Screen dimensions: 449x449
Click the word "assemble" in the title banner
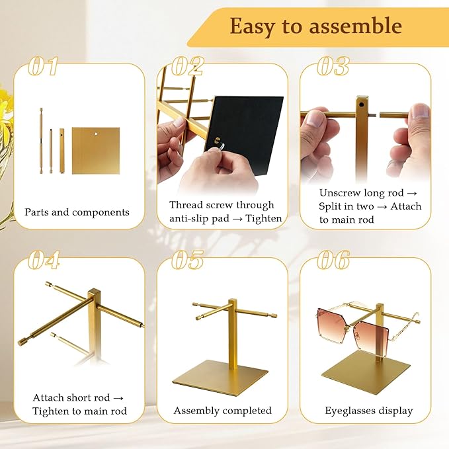[x=356, y=26]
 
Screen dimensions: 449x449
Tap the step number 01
[x=43, y=66]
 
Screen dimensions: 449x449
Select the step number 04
[x=44, y=260]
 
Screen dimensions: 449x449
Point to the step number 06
[x=333, y=260]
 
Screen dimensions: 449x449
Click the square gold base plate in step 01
[x=96, y=151]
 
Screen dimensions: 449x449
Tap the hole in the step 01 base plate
[x=97, y=133]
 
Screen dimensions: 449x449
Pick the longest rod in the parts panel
[x=41, y=141]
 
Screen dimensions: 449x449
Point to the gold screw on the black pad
[x=217, y=140]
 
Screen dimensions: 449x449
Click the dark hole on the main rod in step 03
[x=361, y=104]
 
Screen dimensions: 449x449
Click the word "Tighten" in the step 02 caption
[x=264, y=218]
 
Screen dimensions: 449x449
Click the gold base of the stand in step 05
[x=220, y=378]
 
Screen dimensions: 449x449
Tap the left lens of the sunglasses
[x=335, y=322]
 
